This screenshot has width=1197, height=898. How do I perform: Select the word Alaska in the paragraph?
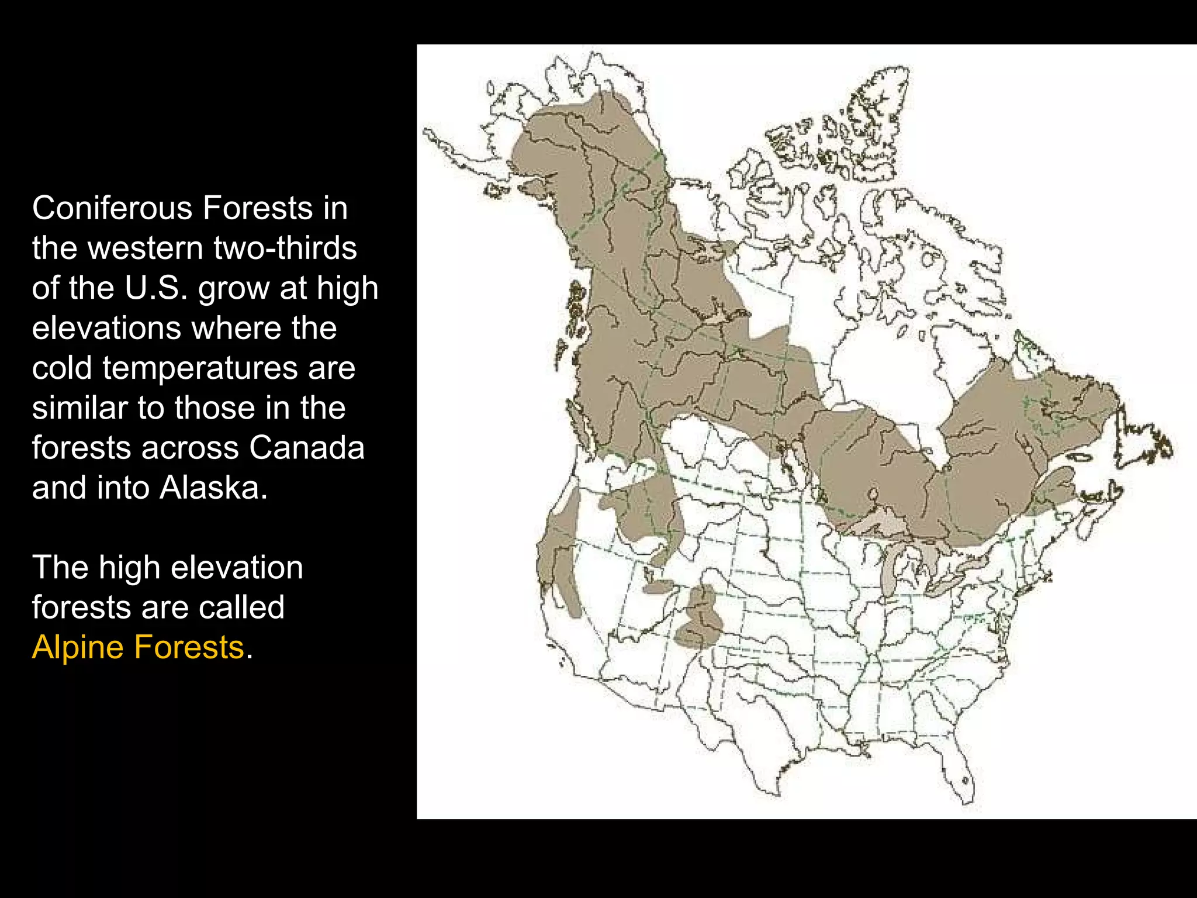click(213, 488)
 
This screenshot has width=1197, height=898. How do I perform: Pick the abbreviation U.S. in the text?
click(156, 288)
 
